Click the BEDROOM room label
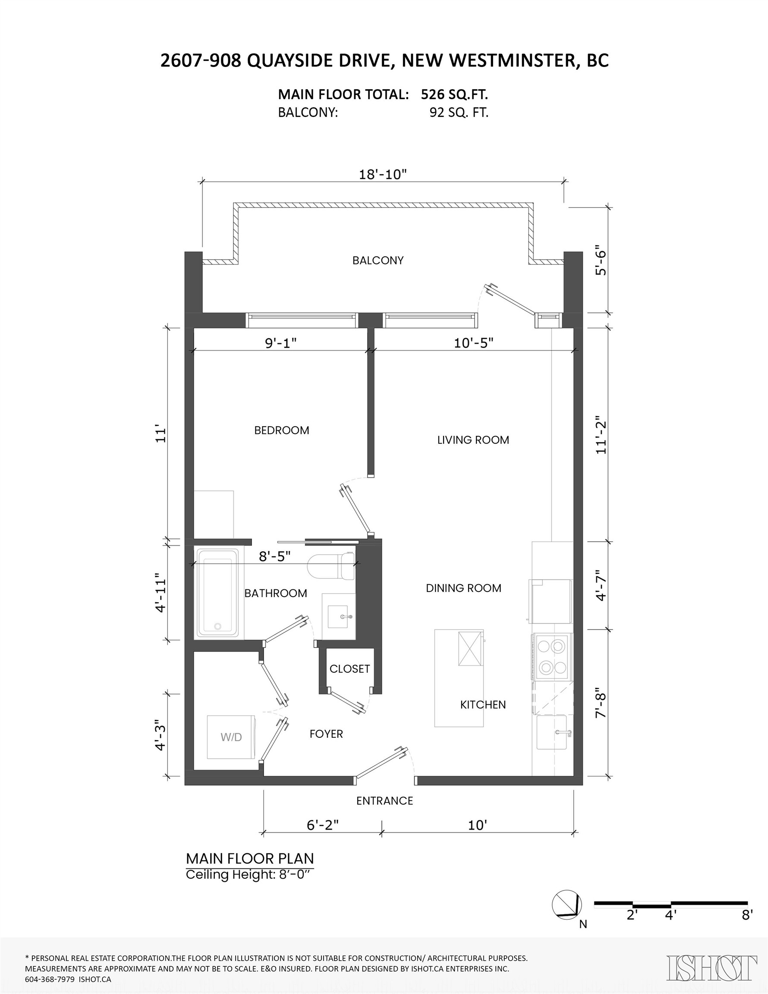click(x=281, y=430)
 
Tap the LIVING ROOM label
click(x=473, y=440)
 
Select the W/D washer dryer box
click(x=231, y=737)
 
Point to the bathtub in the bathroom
click(x=217, y=593)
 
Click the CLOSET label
click(x=349, y=669)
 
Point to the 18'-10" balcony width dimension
click(x=382, y=174)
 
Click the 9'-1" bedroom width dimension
click(x=281, y=343)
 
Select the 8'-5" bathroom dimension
click(x=274, y=556)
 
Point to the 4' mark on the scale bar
click(x=670, y=915)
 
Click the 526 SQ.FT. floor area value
click(x=454, y=94)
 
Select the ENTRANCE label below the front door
click(x=384, y=801)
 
